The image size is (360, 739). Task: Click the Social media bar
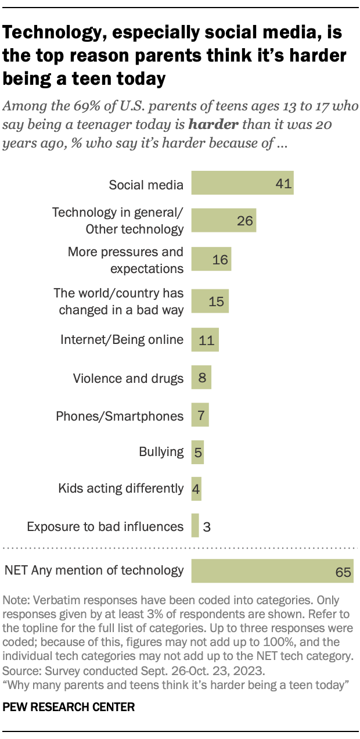[x=242, y=182]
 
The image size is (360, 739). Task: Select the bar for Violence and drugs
[x=201, y=378]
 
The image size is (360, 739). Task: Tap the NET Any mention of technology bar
[x=272, y=571]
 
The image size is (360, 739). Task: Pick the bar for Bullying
[x=197, y=452]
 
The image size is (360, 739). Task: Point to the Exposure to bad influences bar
[x=195, y=526]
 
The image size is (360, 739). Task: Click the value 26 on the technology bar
[x=244, y=221]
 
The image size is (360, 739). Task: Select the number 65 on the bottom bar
[x=343, y=572]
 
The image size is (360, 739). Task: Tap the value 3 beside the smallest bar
[x=207, y=527]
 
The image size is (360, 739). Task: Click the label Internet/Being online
[x=122, y=340]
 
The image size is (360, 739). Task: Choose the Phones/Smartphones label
[x=120, y=415]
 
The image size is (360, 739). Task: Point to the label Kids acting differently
[x=121, y=489]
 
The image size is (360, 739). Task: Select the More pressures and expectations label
[x=125, y=260]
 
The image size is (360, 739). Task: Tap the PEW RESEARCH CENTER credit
[x=69, y=707]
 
